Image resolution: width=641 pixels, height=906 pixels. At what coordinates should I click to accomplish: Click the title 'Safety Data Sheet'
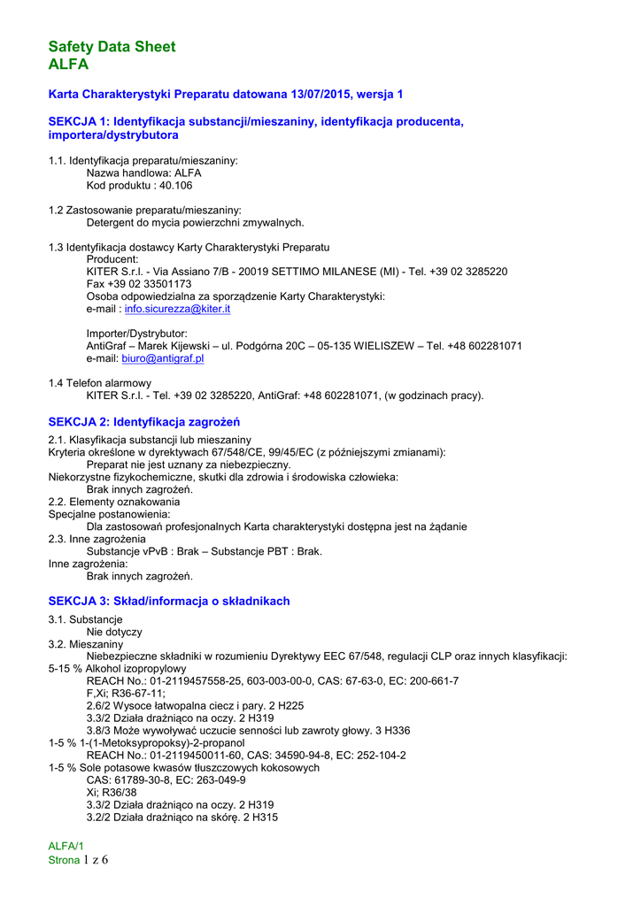112,47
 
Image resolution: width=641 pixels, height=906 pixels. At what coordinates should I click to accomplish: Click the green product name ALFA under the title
68,65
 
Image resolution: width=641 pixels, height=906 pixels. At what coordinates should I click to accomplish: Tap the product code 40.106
175,186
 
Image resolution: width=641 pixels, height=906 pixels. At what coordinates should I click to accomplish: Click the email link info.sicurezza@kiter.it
177,310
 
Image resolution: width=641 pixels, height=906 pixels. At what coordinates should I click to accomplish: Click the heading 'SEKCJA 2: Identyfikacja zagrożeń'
144,422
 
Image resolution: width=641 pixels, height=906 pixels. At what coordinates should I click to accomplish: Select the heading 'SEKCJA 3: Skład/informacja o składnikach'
169,601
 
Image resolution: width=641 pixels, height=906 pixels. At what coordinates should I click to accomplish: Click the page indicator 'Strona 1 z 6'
78,860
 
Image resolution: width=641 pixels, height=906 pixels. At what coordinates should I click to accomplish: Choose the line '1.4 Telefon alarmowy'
99,383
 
